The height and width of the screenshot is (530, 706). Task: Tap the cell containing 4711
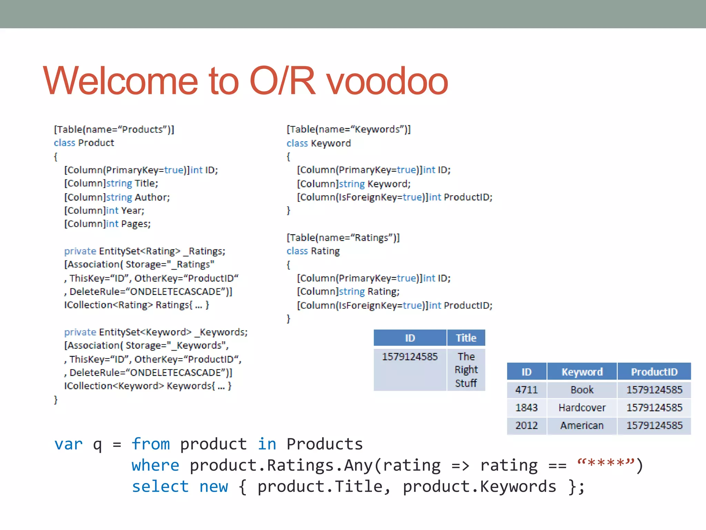[526, 390]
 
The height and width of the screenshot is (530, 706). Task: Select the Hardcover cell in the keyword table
[582, 408]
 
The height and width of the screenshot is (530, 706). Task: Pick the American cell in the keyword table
[582, 425]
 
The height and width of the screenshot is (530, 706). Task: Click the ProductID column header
[654, 372]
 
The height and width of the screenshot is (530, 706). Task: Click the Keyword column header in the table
[582, 372]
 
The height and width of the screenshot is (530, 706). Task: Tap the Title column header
[466, 338]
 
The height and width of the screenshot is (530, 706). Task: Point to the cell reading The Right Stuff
[466, 370]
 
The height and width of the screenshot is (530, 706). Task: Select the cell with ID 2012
[526, 425]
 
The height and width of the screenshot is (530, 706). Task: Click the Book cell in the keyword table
[582, 390]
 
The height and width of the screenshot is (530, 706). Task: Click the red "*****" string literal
[605, 464]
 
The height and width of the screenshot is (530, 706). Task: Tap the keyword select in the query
[160, 487]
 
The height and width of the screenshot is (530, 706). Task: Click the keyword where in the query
[155, 465]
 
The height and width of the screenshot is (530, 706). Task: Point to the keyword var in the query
[69, 444]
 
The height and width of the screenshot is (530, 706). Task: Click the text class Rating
[313, 251]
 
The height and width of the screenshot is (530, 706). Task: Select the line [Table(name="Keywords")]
[349, 129]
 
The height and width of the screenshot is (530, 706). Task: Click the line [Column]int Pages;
[108, 224]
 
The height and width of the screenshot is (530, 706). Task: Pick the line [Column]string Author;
[117, 197]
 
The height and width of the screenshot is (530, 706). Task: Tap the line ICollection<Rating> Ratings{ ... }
[137, 305]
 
